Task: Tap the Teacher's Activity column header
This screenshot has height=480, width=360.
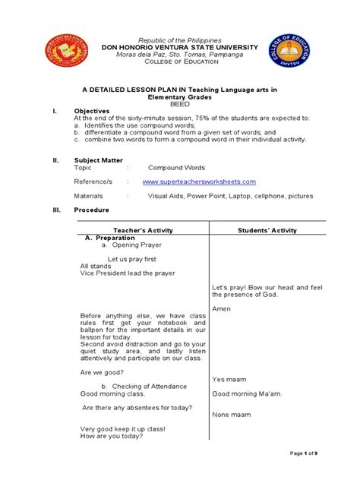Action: click(x=143, y=229)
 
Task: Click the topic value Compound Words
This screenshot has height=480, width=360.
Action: click(x=176, y=168)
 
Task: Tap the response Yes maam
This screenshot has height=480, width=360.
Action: click(x=229, y=378)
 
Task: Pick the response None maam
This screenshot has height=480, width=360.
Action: click(x=232, y=414)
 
